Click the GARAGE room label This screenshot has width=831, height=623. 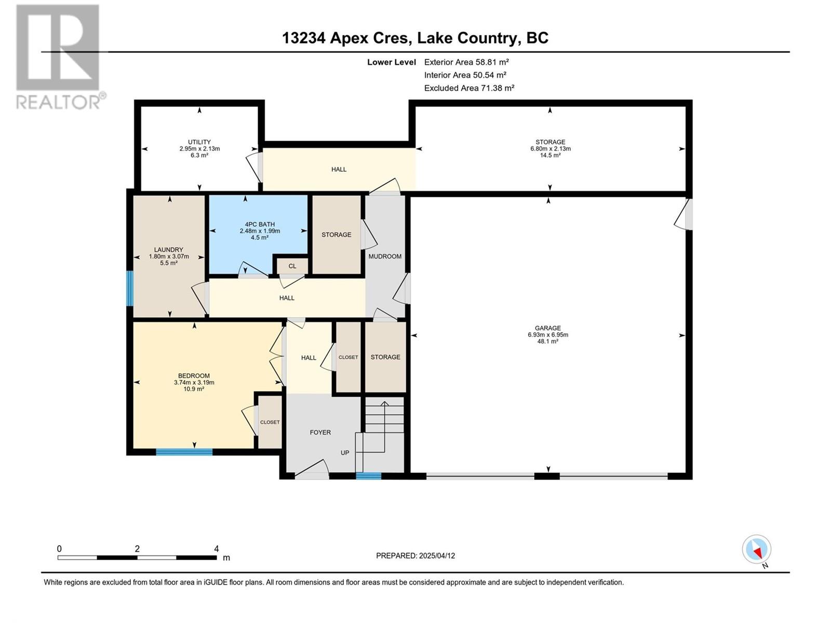point(547,328)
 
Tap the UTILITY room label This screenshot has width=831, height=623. point(199,142)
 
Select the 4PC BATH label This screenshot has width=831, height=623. point(260,224)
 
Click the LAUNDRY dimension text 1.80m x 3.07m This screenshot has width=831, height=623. point(169,256)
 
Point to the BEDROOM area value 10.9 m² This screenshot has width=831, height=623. point(194,389)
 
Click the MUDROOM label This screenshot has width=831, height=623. point(385,256)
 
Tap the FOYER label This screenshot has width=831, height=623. point(320,432)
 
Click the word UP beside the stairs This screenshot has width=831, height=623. point(345,453)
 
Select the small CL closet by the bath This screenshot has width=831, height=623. point(292,266)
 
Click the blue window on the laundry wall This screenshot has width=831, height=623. point(130,288)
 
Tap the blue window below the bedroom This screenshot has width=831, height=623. point(184,452)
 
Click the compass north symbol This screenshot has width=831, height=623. point(757,550)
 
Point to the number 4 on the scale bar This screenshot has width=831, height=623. point(216,549)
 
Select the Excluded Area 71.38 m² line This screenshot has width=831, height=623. point(469,88)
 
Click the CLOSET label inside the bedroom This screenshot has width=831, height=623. point(270,422)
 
